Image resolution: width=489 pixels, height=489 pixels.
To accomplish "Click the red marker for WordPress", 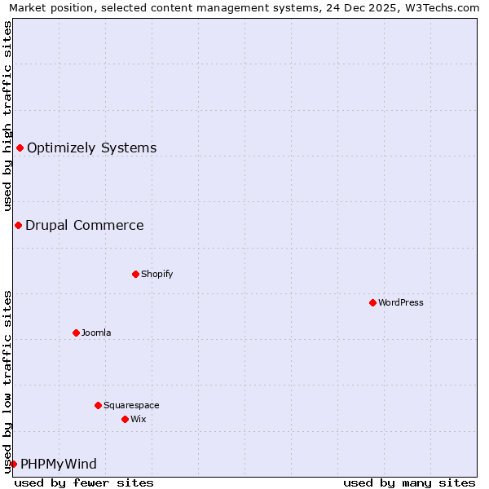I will click(x=372, y=302).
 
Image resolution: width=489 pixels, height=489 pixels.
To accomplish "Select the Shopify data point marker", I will click(x=135, y=274).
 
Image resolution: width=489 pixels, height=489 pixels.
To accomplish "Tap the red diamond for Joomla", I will click(x=76, y=333).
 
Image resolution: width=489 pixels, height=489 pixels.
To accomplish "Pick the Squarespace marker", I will click(x=98, y=405).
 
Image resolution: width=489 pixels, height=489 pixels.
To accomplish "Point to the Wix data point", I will click(x=125, y=419).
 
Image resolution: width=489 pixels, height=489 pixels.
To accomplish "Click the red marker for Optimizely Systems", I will click(x=20, y=148).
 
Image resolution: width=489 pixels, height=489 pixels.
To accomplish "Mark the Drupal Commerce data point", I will click(x=18, y=225).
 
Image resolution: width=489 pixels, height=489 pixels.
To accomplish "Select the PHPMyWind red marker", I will click(x=13, y=464).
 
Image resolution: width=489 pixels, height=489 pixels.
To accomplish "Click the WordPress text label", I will click(x=401, y=302).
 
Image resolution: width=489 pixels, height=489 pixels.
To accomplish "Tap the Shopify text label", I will click(x=157, y=274).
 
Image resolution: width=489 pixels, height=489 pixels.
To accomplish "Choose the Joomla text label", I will click(x=96, y=333).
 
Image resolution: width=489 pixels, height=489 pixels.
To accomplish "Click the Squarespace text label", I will click(x=131, y=405).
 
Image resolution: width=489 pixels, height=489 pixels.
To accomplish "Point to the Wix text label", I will click(x=139, y=419).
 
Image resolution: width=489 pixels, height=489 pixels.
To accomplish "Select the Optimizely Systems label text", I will click(x=91, y=148).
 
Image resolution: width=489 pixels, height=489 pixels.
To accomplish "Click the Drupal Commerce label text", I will click(x=84, y=225).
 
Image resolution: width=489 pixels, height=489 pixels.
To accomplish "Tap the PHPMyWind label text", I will click(x=59, y=464).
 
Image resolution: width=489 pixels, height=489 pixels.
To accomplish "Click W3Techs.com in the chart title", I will click(x=440, y=8).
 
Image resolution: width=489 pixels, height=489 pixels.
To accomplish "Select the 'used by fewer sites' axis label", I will click(x=84, y=482).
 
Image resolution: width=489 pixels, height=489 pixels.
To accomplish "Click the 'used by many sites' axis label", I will click(x=409, y=482).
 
